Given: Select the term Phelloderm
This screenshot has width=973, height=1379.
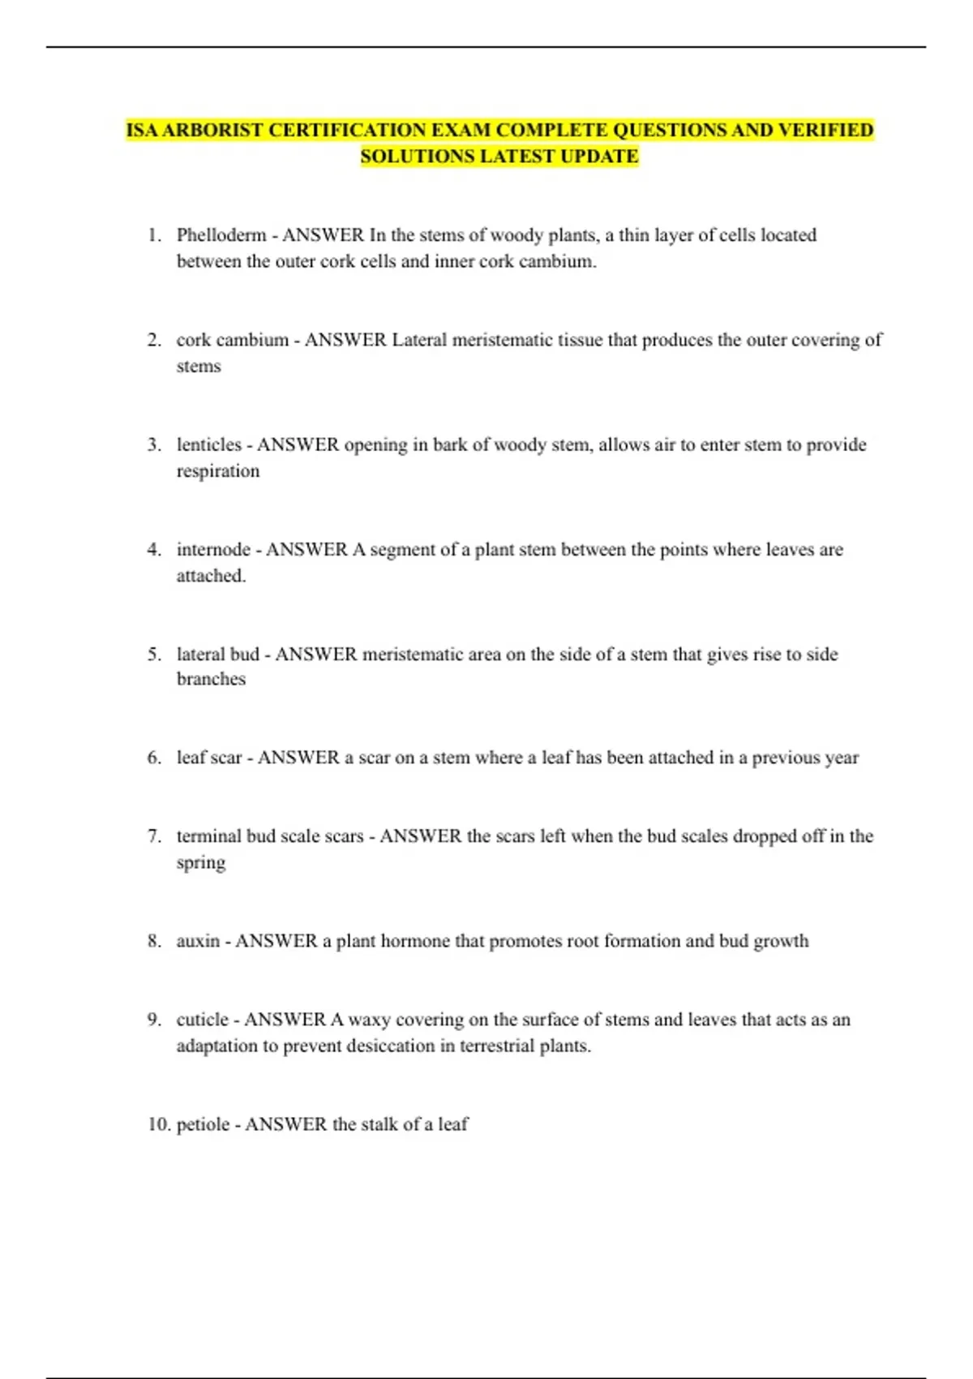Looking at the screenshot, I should (221, 235).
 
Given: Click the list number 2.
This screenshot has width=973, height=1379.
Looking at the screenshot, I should (154, 340).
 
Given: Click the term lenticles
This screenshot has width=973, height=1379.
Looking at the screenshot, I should (209, 445).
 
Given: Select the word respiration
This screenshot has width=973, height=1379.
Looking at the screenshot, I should (218, 471).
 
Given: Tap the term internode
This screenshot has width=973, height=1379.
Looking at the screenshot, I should (213, 549).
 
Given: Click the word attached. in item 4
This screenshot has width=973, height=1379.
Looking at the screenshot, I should (211, 576).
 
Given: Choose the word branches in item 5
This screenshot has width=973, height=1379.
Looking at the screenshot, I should (211, 679).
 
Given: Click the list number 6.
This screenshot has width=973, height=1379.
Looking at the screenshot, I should (154, 758).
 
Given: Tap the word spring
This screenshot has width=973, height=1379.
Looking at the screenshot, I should (200, 863).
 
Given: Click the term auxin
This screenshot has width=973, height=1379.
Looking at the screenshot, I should (198, 941).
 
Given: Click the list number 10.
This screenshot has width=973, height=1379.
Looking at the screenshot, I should (158, 1124).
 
